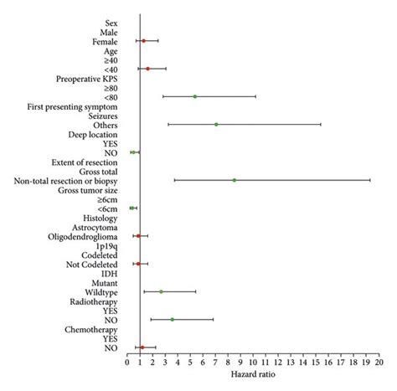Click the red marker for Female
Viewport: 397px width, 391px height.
point(143,41)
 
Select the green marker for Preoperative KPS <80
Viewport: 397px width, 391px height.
point(195,96)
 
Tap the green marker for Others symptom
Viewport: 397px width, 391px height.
point(216,125)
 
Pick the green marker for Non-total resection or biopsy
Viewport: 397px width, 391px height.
point(235,180)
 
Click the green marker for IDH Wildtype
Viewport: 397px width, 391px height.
point(162,291)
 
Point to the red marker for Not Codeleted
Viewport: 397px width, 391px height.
point(138,264)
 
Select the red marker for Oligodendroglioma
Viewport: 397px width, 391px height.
point(138,236)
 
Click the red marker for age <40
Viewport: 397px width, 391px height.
point(147,69)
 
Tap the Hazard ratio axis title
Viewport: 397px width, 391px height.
point(252,373)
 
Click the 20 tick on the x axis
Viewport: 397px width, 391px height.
point(379,362)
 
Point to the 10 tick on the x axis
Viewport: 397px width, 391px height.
point(253,362)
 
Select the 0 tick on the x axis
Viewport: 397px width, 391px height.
point(127,362)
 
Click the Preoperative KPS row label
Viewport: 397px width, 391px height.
point(87,79)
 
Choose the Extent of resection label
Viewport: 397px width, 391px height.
point(84,162)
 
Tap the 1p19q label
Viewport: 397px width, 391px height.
point(106,245)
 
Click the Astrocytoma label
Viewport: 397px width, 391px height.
point(95,227)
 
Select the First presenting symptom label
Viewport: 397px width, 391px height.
point(72,106)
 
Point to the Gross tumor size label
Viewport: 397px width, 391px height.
point(88,190)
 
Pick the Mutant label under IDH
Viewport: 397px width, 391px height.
point(104,282)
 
